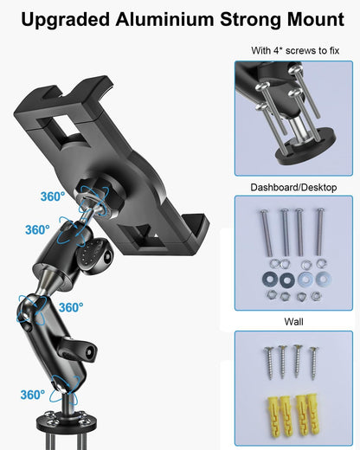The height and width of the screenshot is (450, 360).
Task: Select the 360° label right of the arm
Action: tap(70, 307)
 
